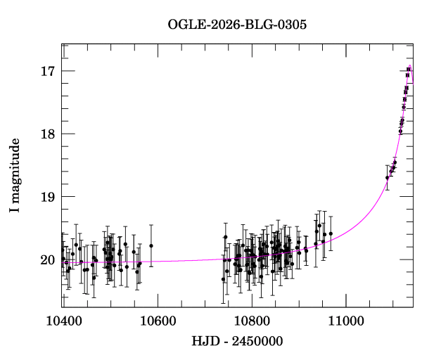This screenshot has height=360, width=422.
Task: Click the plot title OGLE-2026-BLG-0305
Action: [x=237, y=24]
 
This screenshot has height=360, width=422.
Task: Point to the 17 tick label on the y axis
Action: [x=48, y=71]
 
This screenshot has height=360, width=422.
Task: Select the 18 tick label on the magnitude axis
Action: [x=48, y=134]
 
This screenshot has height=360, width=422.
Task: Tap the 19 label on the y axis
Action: [x=48, y=197]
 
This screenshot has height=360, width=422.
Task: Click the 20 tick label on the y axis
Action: [x=48, y=259]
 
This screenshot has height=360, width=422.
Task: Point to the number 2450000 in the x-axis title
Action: [x=260, y=342]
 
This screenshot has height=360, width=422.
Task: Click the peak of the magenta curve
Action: [x=409, y=66]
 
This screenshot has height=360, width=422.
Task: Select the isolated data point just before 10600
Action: [x=151, y=245]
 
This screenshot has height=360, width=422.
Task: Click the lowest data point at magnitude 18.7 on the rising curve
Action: [x=387, y=178]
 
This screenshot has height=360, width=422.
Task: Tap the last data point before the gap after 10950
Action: [x=331, y=233]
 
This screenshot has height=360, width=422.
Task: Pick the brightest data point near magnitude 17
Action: [x=409, y=69]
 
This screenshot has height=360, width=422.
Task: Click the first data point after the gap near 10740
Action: [x=223, y=279]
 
